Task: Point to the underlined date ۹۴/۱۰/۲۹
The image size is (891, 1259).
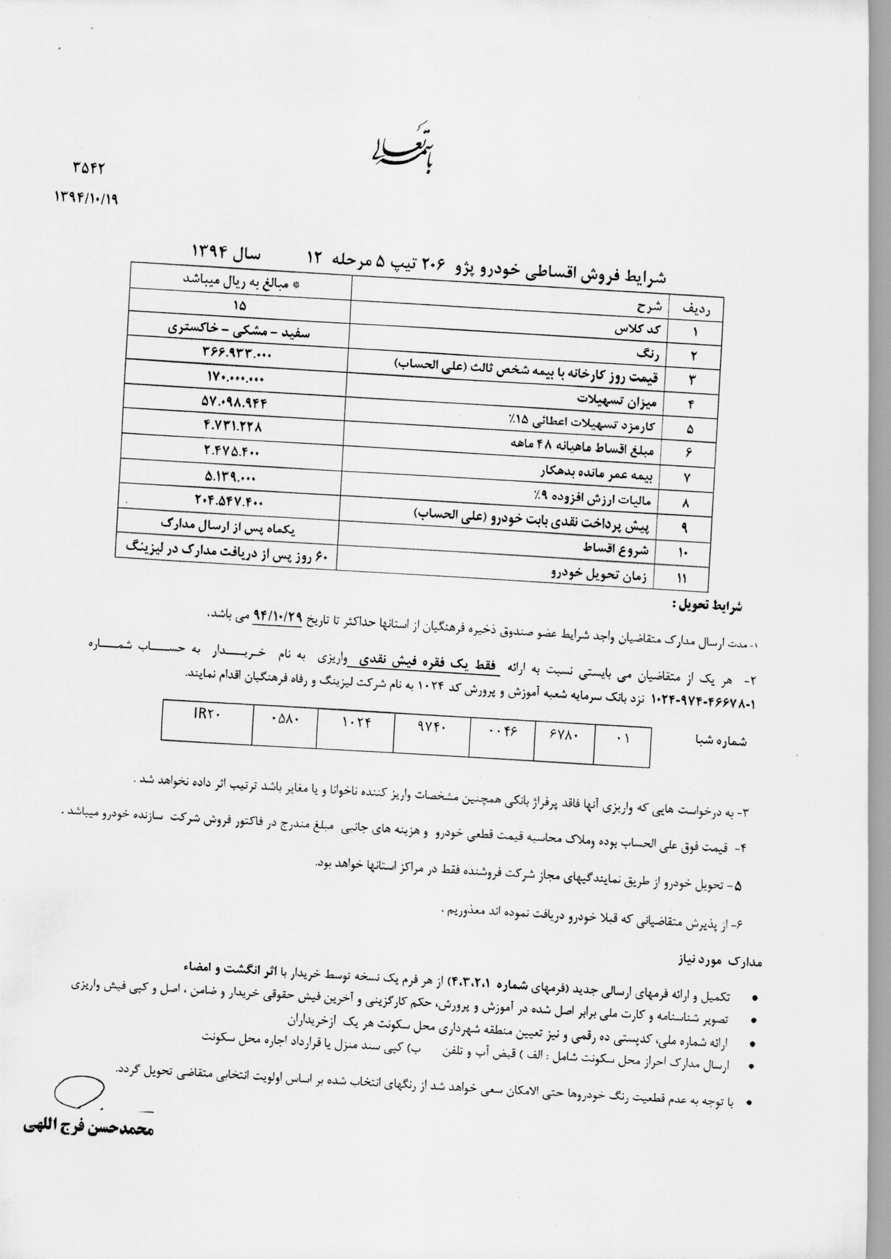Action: (x=277, y=615)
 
